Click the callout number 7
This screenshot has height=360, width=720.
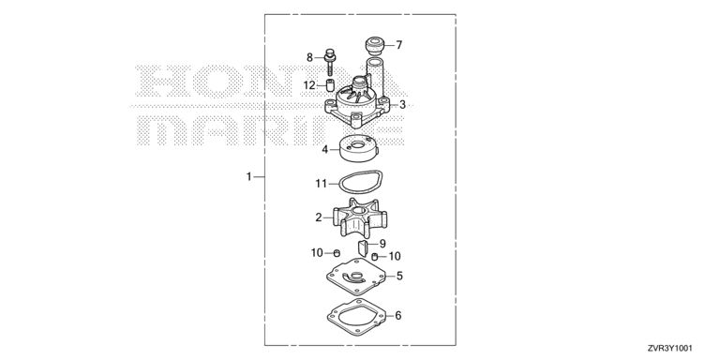pos(399,45)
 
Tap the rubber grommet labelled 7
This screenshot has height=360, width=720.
pos(375,46)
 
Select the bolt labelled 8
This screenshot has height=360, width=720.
pos(329,62)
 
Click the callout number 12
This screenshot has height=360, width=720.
pos(309,85)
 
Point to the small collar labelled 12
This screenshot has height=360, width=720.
pos(329,85)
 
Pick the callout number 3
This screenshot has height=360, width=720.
pos(403,105)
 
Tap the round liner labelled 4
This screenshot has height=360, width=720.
pos(359,148)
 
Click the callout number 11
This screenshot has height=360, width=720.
pos(321,184)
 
